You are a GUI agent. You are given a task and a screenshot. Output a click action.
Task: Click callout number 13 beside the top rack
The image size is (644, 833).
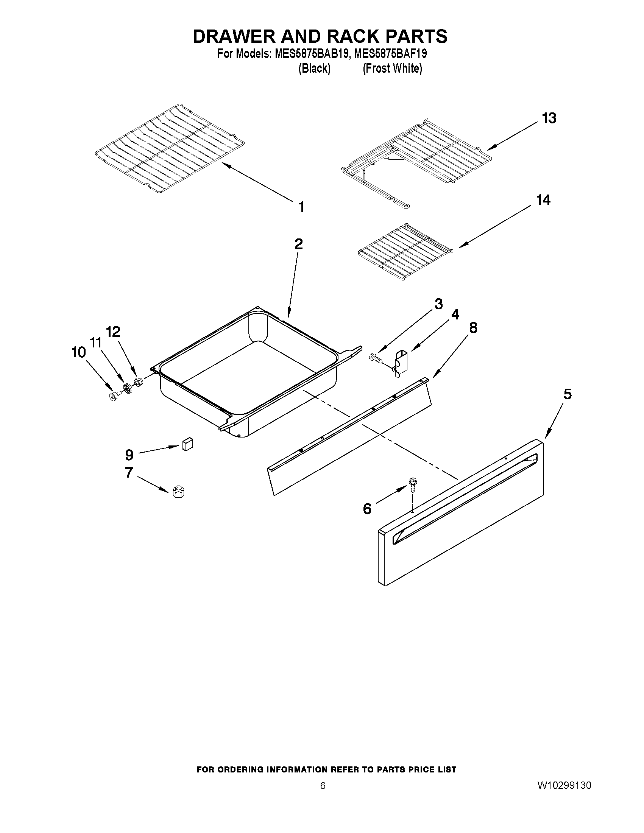pos(549,118)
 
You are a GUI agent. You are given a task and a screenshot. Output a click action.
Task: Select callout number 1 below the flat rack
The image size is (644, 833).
pos(301,207)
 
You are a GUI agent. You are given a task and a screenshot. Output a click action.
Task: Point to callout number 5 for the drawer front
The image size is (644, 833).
pos(568,394)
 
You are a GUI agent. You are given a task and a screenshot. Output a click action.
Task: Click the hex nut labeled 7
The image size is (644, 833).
pos(178,492)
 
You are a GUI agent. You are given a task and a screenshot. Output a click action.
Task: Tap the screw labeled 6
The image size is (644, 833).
pos(412,483)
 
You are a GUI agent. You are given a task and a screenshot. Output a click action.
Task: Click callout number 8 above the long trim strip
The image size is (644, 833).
pos(473,328)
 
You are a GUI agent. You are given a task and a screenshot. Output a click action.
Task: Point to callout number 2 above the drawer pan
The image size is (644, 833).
pos(298,244)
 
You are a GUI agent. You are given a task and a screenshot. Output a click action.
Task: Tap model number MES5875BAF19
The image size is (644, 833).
pos(390,54)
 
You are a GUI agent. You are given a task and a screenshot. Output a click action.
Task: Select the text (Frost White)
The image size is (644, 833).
pos(392,69)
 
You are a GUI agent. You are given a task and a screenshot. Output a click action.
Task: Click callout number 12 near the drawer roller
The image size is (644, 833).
pos(113,332)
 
